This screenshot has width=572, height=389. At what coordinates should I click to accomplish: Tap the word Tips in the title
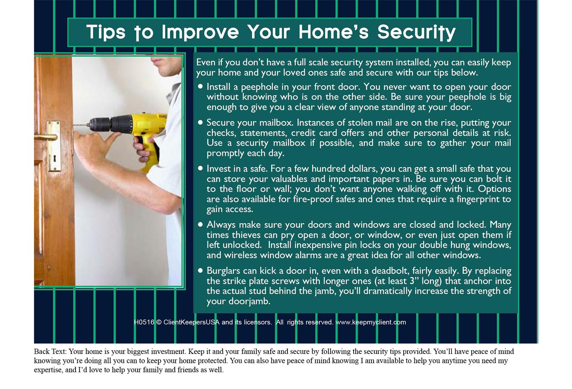(106, 32)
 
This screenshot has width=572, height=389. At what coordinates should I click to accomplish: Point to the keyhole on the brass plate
(54, 159)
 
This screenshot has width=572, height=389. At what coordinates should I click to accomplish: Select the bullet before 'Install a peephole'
(200, 87)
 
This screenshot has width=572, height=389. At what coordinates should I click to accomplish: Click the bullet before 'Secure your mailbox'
(200, 122)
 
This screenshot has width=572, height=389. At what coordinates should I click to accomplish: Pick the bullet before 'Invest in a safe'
(200, 168)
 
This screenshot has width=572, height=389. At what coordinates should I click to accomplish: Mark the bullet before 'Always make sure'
(200, 224)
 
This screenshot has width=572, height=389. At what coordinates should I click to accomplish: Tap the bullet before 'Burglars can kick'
(200, 271)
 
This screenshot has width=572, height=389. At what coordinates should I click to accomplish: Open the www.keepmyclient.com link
(371, 322)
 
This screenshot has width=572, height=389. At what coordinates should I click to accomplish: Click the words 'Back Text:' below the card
(50, 351)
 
